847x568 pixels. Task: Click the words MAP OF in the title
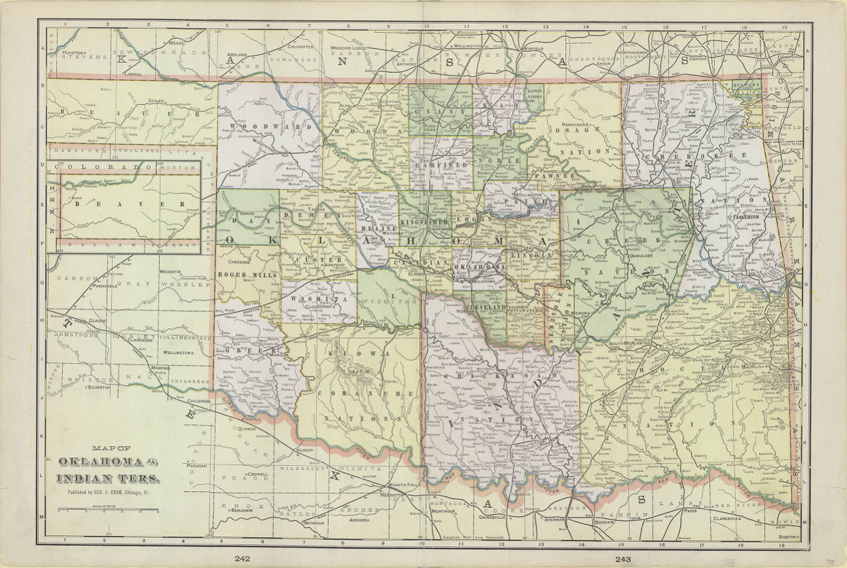(107, 448)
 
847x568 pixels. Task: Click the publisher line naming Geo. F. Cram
(107, 491)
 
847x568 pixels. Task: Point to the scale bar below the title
(107, 510)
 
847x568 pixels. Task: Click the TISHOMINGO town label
(559, 434)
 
